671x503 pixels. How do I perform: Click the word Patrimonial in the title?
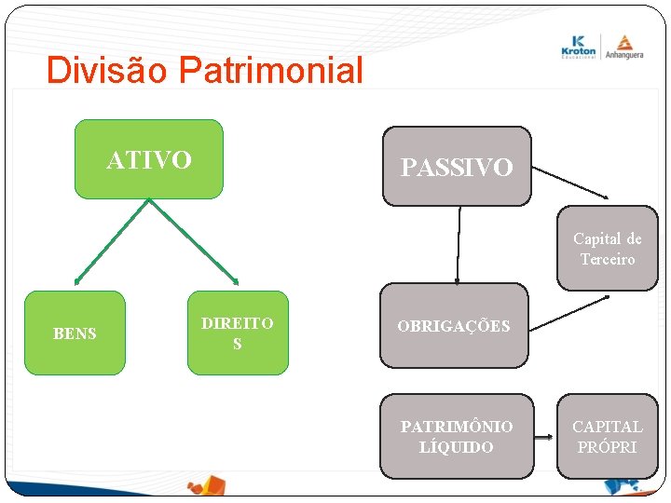click(x=270, y=71)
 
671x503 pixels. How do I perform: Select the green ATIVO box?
click(x=149, y=159)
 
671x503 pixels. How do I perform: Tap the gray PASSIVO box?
click(x=457, y=167)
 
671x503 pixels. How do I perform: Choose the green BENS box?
click(x=75, y=333)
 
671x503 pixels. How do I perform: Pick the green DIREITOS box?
click(x=238, y=333)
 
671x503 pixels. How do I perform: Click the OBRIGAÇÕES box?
click(x=454, y=326)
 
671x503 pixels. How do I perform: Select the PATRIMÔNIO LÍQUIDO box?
click(x=457, y=436)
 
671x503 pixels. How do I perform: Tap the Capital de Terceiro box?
click(x=608, y=249)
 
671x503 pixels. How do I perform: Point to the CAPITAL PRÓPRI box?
click(x=608, y=436)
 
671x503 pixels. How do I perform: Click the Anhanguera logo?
click(x=623, y=46)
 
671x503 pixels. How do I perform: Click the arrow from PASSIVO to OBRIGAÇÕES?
click(x=459, y=244)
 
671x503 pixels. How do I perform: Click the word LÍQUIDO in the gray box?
click(x=457, y=447)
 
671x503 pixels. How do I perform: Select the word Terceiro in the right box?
click(x=608, y=259)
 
